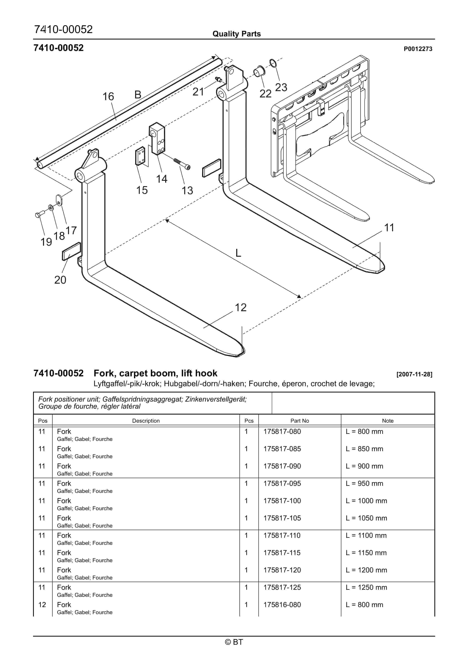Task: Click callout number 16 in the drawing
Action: [x=108, y=96]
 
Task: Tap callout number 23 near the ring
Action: [x=281, y=87]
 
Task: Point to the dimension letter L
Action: [x=238, y=253]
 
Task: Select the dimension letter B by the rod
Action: [x=138, y=94]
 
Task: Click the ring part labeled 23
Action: [x=273, y=63]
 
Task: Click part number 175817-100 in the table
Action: [x=282, y=501]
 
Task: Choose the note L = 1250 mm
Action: [x=366, y=587]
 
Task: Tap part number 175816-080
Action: [x=282, y=605]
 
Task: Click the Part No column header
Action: [x=299, y=421]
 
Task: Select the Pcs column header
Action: [x=249, y=421]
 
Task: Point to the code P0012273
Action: [x=417, y=49]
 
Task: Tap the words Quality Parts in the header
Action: [x=236, y=34]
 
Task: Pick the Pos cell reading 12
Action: [x=42, y=605]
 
